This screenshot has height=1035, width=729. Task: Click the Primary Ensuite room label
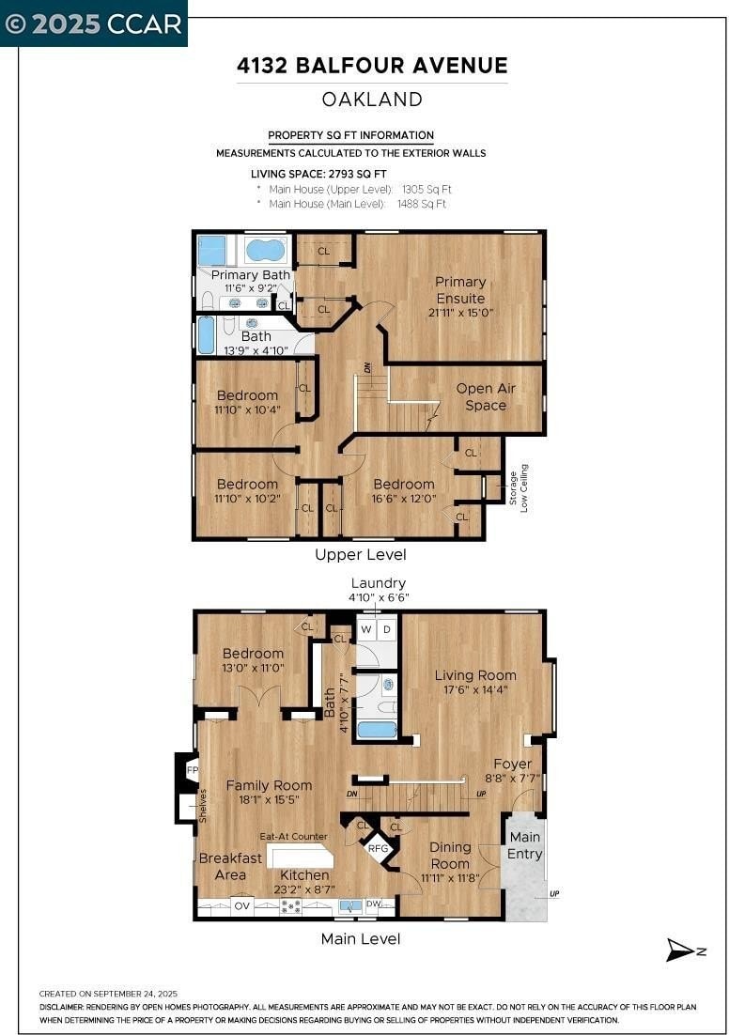click(460, 290)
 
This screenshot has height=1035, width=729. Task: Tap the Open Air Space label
click(486, 396)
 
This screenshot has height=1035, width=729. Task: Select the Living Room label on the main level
click(475, 675)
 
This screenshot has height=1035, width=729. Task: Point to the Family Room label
click(269, 785)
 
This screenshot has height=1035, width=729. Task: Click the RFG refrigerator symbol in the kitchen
click(379, 848)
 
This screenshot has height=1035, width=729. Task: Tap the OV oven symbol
click(242, 905)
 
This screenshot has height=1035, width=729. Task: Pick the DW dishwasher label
click(374, 904)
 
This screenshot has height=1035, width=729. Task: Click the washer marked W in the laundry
click(365, 629)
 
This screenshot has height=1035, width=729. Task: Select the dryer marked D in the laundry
click(387, 629)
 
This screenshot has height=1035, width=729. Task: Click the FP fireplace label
click(193, 769)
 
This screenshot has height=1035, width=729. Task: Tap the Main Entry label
click(525, 845)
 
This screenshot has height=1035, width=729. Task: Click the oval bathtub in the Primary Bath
click(266, 250)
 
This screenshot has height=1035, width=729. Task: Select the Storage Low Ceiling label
click(519, 488)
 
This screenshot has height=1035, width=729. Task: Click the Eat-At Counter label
click(293, 836)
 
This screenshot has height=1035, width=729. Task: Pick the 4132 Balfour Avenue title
click(372, 66)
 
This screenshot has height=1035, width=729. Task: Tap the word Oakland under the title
click(372, 100)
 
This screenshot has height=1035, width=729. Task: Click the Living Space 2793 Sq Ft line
click(318, 174)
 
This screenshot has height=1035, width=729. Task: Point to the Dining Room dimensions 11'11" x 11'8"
click(450, 878)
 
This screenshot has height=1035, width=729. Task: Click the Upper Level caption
click(361, 555)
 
